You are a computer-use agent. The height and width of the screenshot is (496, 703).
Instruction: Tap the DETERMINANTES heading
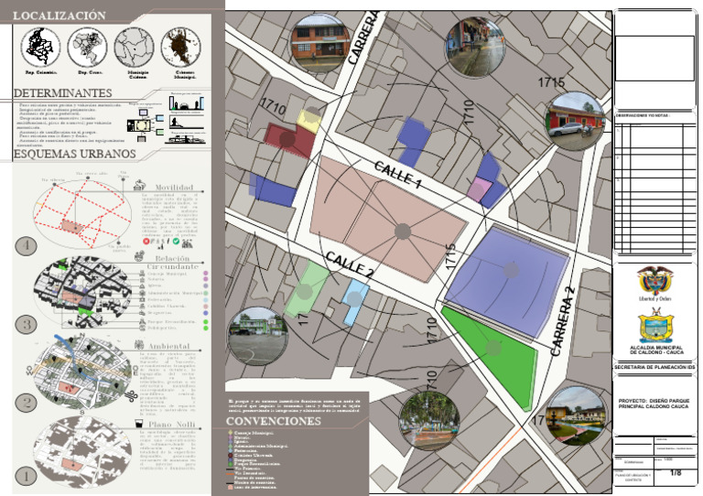(x=63, y=93)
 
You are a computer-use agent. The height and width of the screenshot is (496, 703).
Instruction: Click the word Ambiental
(x=169, y=347)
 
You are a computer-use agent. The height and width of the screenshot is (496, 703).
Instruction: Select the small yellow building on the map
(x=308, y=121)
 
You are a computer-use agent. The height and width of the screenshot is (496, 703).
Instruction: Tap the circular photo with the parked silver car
(x=574, y=121)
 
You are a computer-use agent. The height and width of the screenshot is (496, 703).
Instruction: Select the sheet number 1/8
(x=676, y=473)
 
